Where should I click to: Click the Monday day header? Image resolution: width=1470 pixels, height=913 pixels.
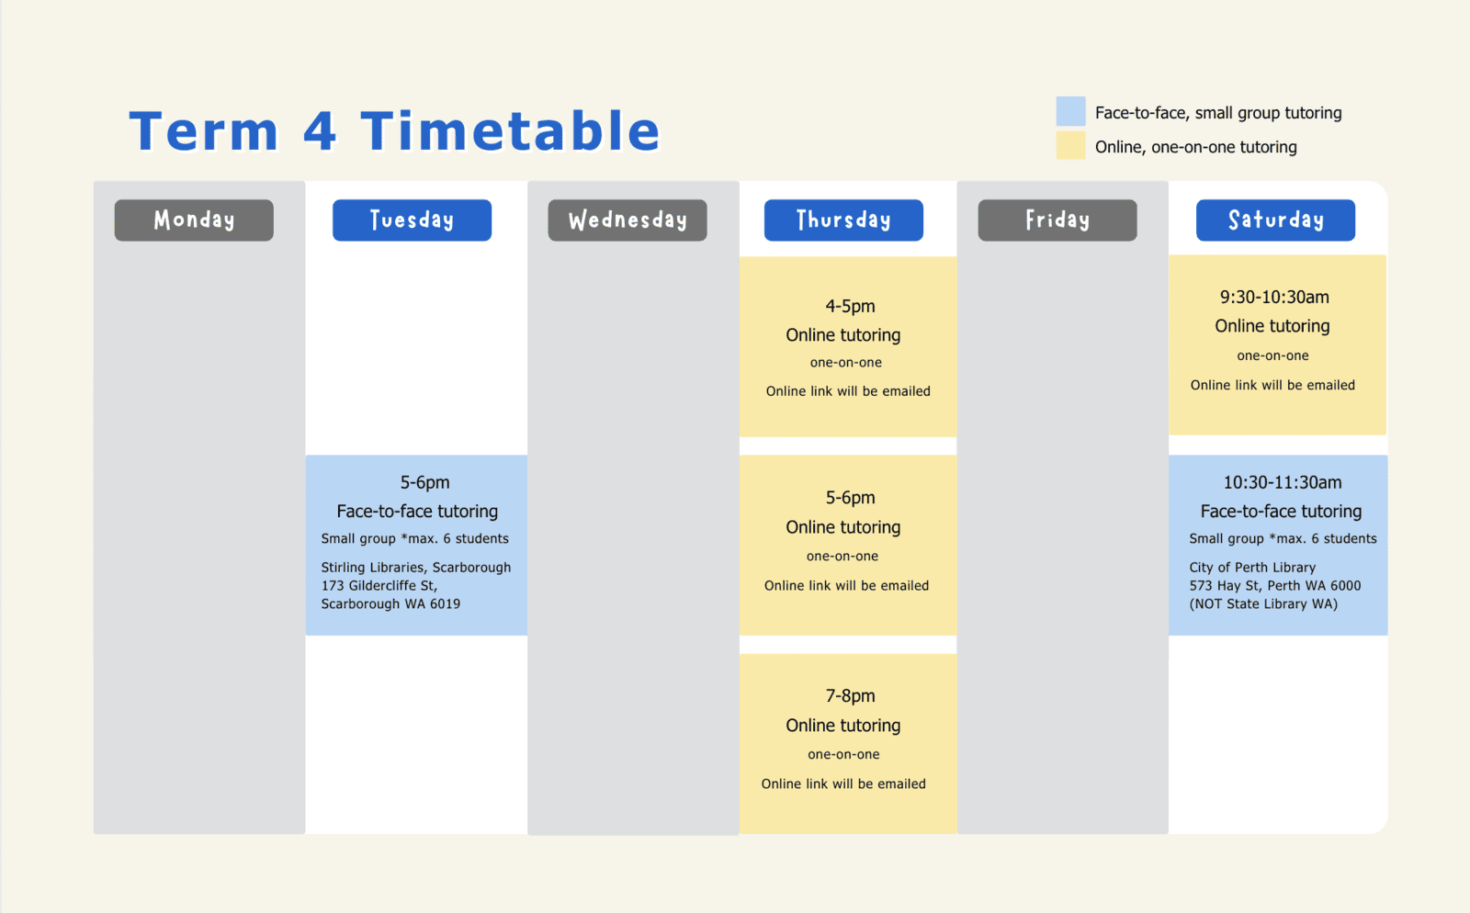(194, 220)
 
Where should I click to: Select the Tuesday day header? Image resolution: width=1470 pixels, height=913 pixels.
(412, 220)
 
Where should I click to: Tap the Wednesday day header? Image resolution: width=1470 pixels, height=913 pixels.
(628, 220)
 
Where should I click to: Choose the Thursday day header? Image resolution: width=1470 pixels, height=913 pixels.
(843, 220)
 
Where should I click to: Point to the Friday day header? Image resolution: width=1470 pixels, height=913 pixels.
(1057, 220)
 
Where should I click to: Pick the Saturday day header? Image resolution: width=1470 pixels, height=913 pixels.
(1275, 220)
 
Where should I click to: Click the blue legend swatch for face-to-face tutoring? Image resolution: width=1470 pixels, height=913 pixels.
(1070, 111)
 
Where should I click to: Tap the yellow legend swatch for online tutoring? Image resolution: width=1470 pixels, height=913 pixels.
(1070, 146)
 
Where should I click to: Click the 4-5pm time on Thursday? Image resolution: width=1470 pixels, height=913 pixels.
(850, 306)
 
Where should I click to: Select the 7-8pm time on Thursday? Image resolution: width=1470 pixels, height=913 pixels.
(850, 696)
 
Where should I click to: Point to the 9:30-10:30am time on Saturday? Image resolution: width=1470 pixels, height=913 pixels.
(1274, 297)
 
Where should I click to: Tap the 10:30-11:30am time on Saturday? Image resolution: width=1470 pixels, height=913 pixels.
(1283, 483)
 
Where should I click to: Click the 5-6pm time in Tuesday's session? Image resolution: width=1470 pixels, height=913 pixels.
(424, 483)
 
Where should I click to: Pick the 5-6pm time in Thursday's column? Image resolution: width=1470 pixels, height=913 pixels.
(850, 498)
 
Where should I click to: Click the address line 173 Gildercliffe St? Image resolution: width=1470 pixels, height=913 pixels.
(379, 586)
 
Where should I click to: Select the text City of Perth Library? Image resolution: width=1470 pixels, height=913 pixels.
(1252, 568)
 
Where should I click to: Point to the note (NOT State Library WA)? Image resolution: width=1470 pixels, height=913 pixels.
(1263, 604)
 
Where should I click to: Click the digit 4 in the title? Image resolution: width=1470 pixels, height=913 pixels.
(320, 131)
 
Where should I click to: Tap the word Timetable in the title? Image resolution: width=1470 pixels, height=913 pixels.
(510, 131)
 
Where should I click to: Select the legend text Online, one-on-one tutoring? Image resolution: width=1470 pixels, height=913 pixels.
(1195, 147)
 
